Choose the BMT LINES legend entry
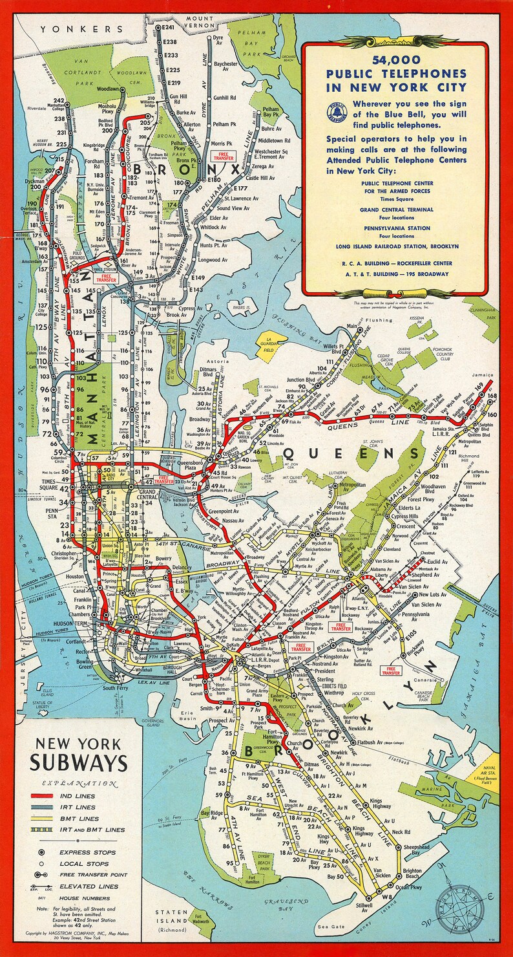80,818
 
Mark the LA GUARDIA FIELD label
272,345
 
